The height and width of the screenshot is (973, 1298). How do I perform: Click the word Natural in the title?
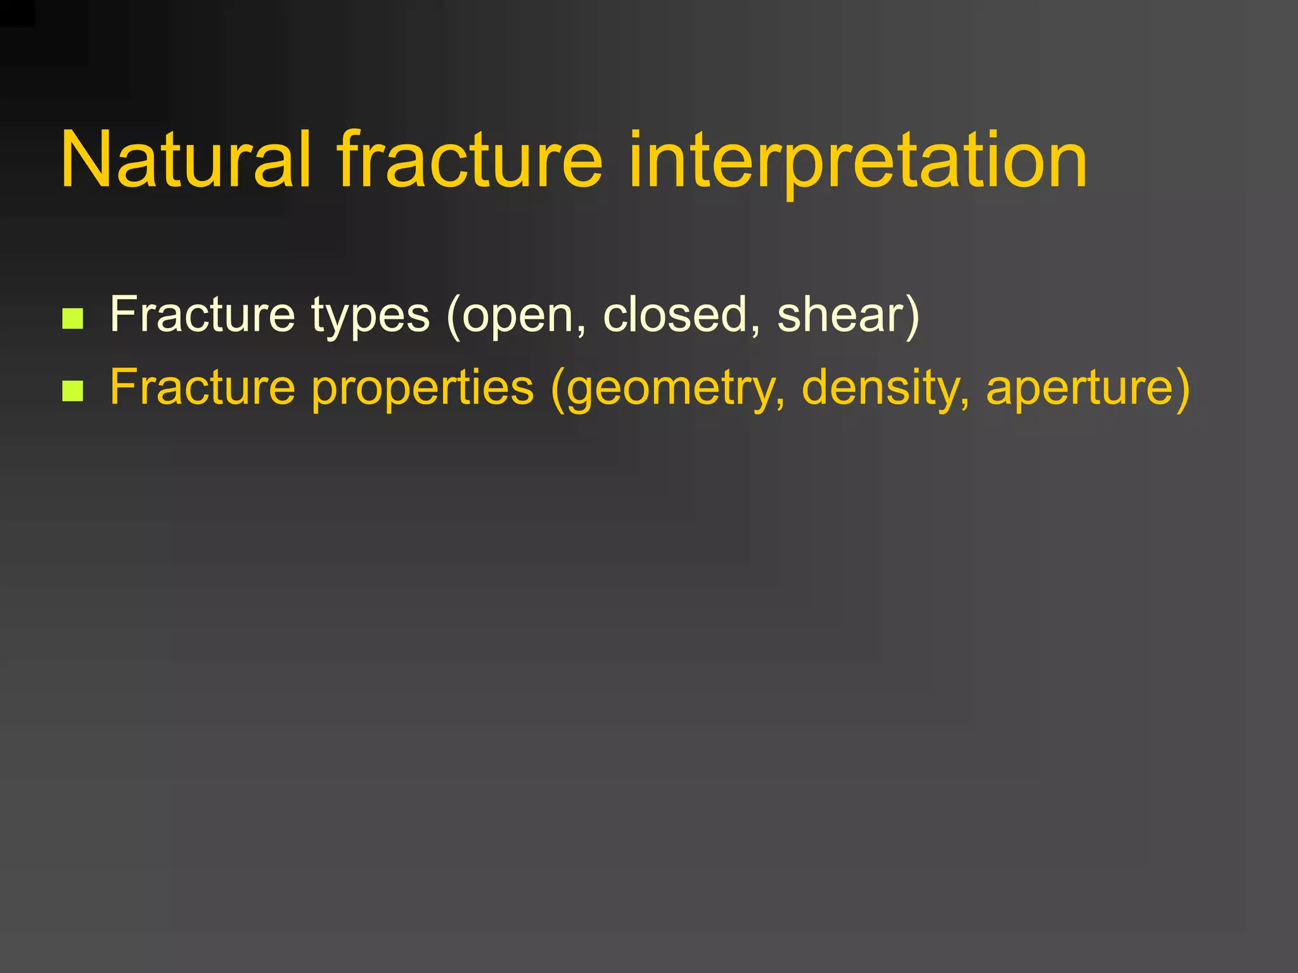(186, 160)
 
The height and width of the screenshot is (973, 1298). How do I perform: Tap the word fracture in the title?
(470, 160)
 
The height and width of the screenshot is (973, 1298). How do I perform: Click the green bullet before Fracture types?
(73, 319)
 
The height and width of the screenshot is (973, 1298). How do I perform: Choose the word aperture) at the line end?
(1088, 388)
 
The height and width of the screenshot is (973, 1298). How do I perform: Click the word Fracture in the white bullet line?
(202, 315)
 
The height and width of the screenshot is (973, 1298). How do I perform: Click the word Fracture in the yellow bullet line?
(202, 387)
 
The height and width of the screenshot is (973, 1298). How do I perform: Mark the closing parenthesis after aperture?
(1182, 388)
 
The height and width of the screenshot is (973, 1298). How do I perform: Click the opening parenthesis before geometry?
(558, 389)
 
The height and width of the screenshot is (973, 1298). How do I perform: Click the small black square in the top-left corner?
(17, 13)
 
